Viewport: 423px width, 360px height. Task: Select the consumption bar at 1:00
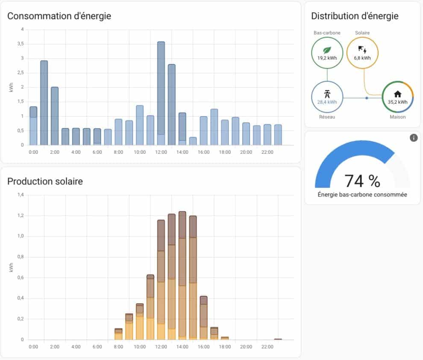point(44,102)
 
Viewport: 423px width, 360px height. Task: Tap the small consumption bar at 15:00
point(193,141)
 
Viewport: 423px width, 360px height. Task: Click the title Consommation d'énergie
point(59,16)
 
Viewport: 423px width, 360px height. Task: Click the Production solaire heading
point(45,181)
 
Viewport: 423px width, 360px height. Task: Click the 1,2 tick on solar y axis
point(21,216)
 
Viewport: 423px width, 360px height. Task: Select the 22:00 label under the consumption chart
point(267,152)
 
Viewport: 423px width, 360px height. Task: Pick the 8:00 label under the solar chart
point(118,347)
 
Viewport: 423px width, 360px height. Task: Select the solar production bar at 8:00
point(118,334)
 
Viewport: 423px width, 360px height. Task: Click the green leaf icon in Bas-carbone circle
point(327,49)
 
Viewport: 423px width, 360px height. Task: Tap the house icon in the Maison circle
point(397,94)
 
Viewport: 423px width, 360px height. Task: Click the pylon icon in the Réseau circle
point(327,94)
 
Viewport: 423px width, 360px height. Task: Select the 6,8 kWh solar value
point(362,58)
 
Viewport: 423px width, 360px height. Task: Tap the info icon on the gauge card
point(413,138)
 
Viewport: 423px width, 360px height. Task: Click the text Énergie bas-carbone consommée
point(362,195)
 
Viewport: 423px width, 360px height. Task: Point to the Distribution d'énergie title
point(355,16)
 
